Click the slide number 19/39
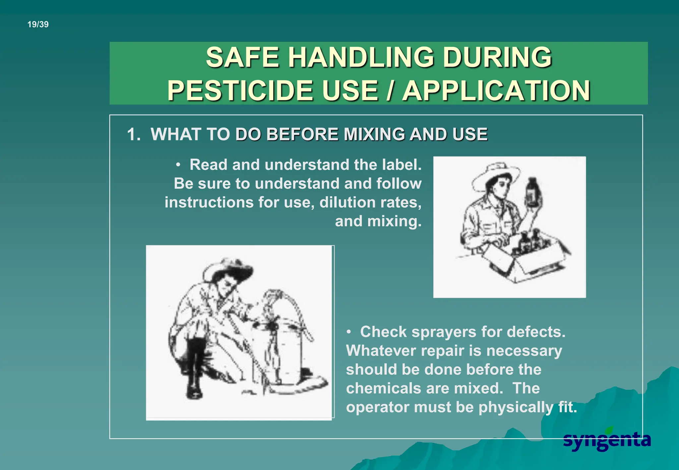[38, 24]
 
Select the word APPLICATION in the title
[496, 90]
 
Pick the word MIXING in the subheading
[374, 134]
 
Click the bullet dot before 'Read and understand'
[178, 165]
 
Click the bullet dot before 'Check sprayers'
[349, 332]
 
